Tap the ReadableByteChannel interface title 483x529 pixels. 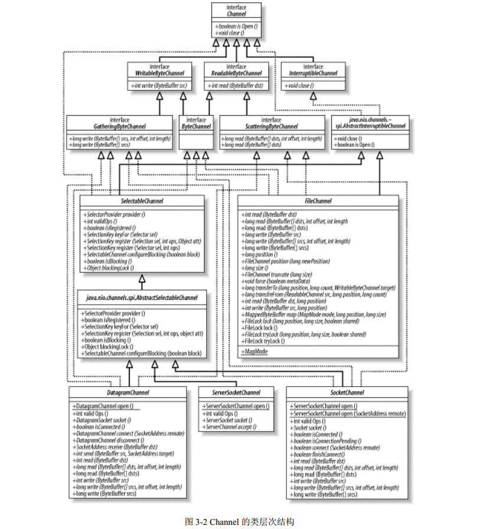pos(236,73)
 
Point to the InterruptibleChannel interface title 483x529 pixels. pos(314,73)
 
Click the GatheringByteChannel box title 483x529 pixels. pos(120,126)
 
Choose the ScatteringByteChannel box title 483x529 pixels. pos(272,126)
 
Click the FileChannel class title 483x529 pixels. pos(319,201)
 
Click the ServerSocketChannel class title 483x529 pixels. pos(236,392)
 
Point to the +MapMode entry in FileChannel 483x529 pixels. pos(254,351)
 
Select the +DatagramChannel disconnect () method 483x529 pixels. pos(112,440)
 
